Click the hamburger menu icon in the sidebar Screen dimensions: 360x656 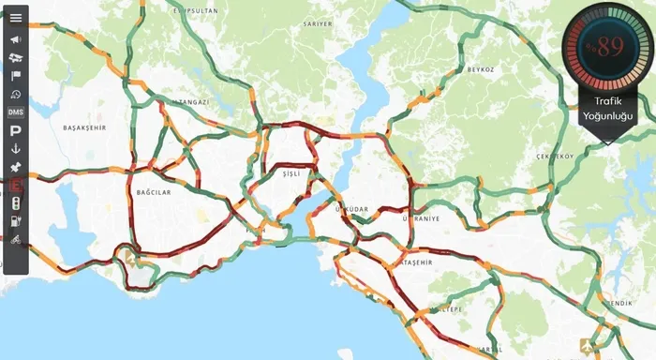click(16, 18)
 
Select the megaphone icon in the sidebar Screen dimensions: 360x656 click(16, 39)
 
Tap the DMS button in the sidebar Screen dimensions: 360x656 click(16, 112)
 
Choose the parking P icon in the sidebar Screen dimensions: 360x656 click(16, 131)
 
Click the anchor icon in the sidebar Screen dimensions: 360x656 click(16, 149)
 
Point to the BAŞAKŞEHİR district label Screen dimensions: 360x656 click(84, 127)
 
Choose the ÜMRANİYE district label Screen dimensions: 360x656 click(421, 218)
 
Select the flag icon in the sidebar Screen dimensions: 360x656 click(16, 76)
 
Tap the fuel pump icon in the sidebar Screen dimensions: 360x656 click(16, 222)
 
